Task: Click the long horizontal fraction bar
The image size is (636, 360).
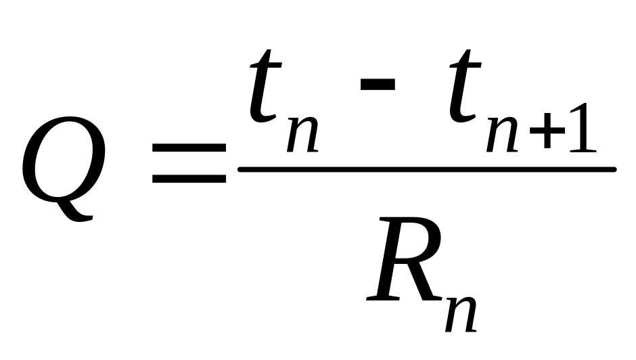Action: pyautogui.click(x=426, y=168)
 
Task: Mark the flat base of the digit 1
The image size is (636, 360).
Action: pyautogui.click(x=583, y=150)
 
